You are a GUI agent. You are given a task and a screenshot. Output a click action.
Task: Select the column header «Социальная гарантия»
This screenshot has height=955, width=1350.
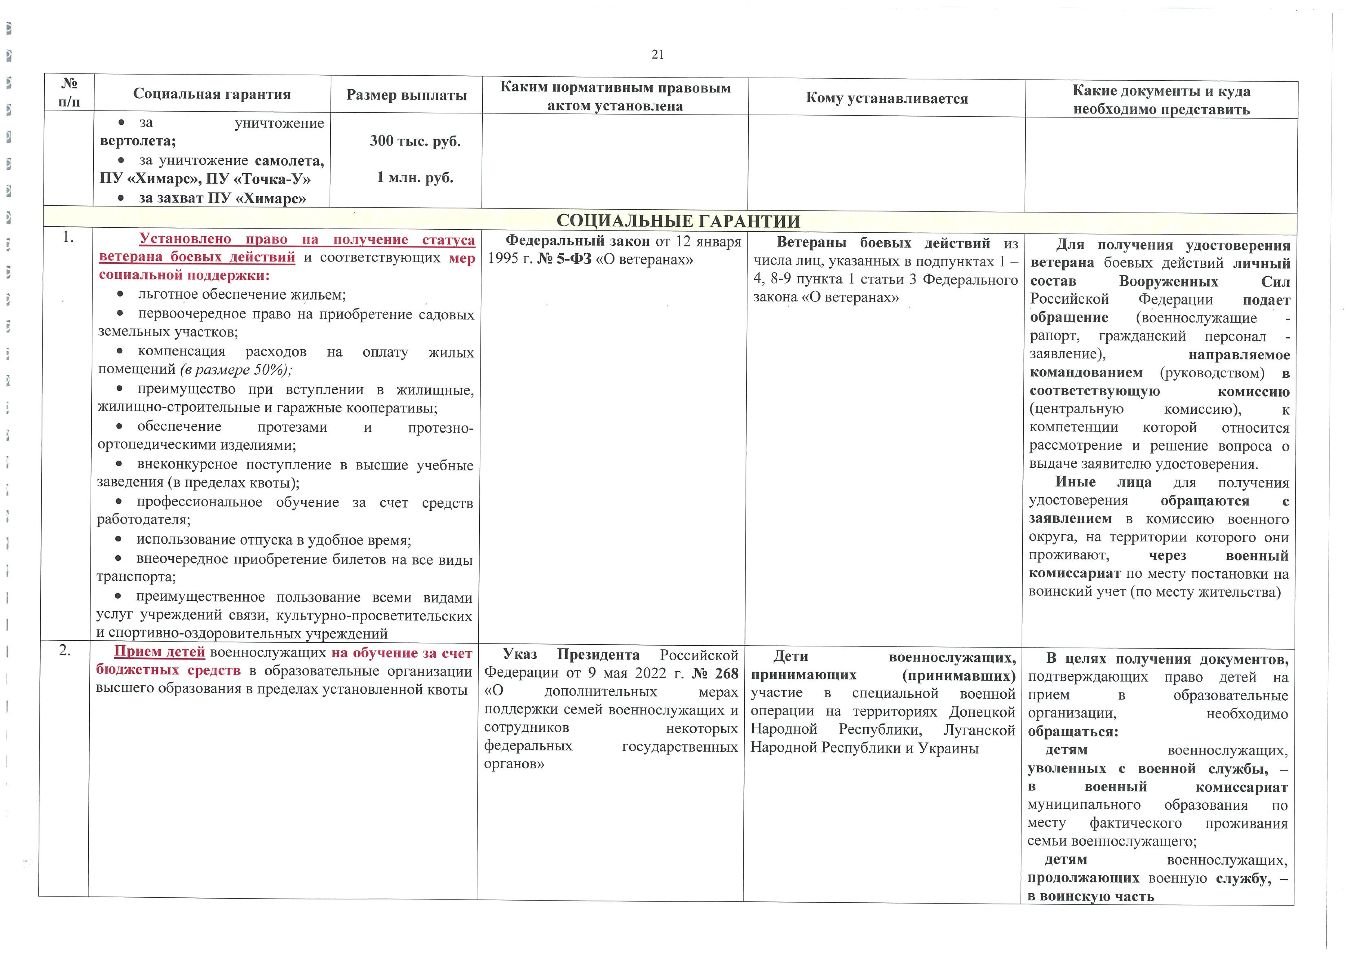coord(212,94)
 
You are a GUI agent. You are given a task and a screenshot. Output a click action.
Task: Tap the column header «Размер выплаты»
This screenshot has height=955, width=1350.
coord(406,95)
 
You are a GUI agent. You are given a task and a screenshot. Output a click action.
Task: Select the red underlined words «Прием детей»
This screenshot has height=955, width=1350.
coord(159,652)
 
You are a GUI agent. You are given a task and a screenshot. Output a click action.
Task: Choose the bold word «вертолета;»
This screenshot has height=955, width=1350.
coord(138,141)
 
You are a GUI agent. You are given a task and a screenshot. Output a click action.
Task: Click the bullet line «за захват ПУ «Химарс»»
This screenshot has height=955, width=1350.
coord(222,198)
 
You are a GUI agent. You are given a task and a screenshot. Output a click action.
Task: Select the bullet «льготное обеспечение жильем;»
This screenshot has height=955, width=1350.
coord(242,295)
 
